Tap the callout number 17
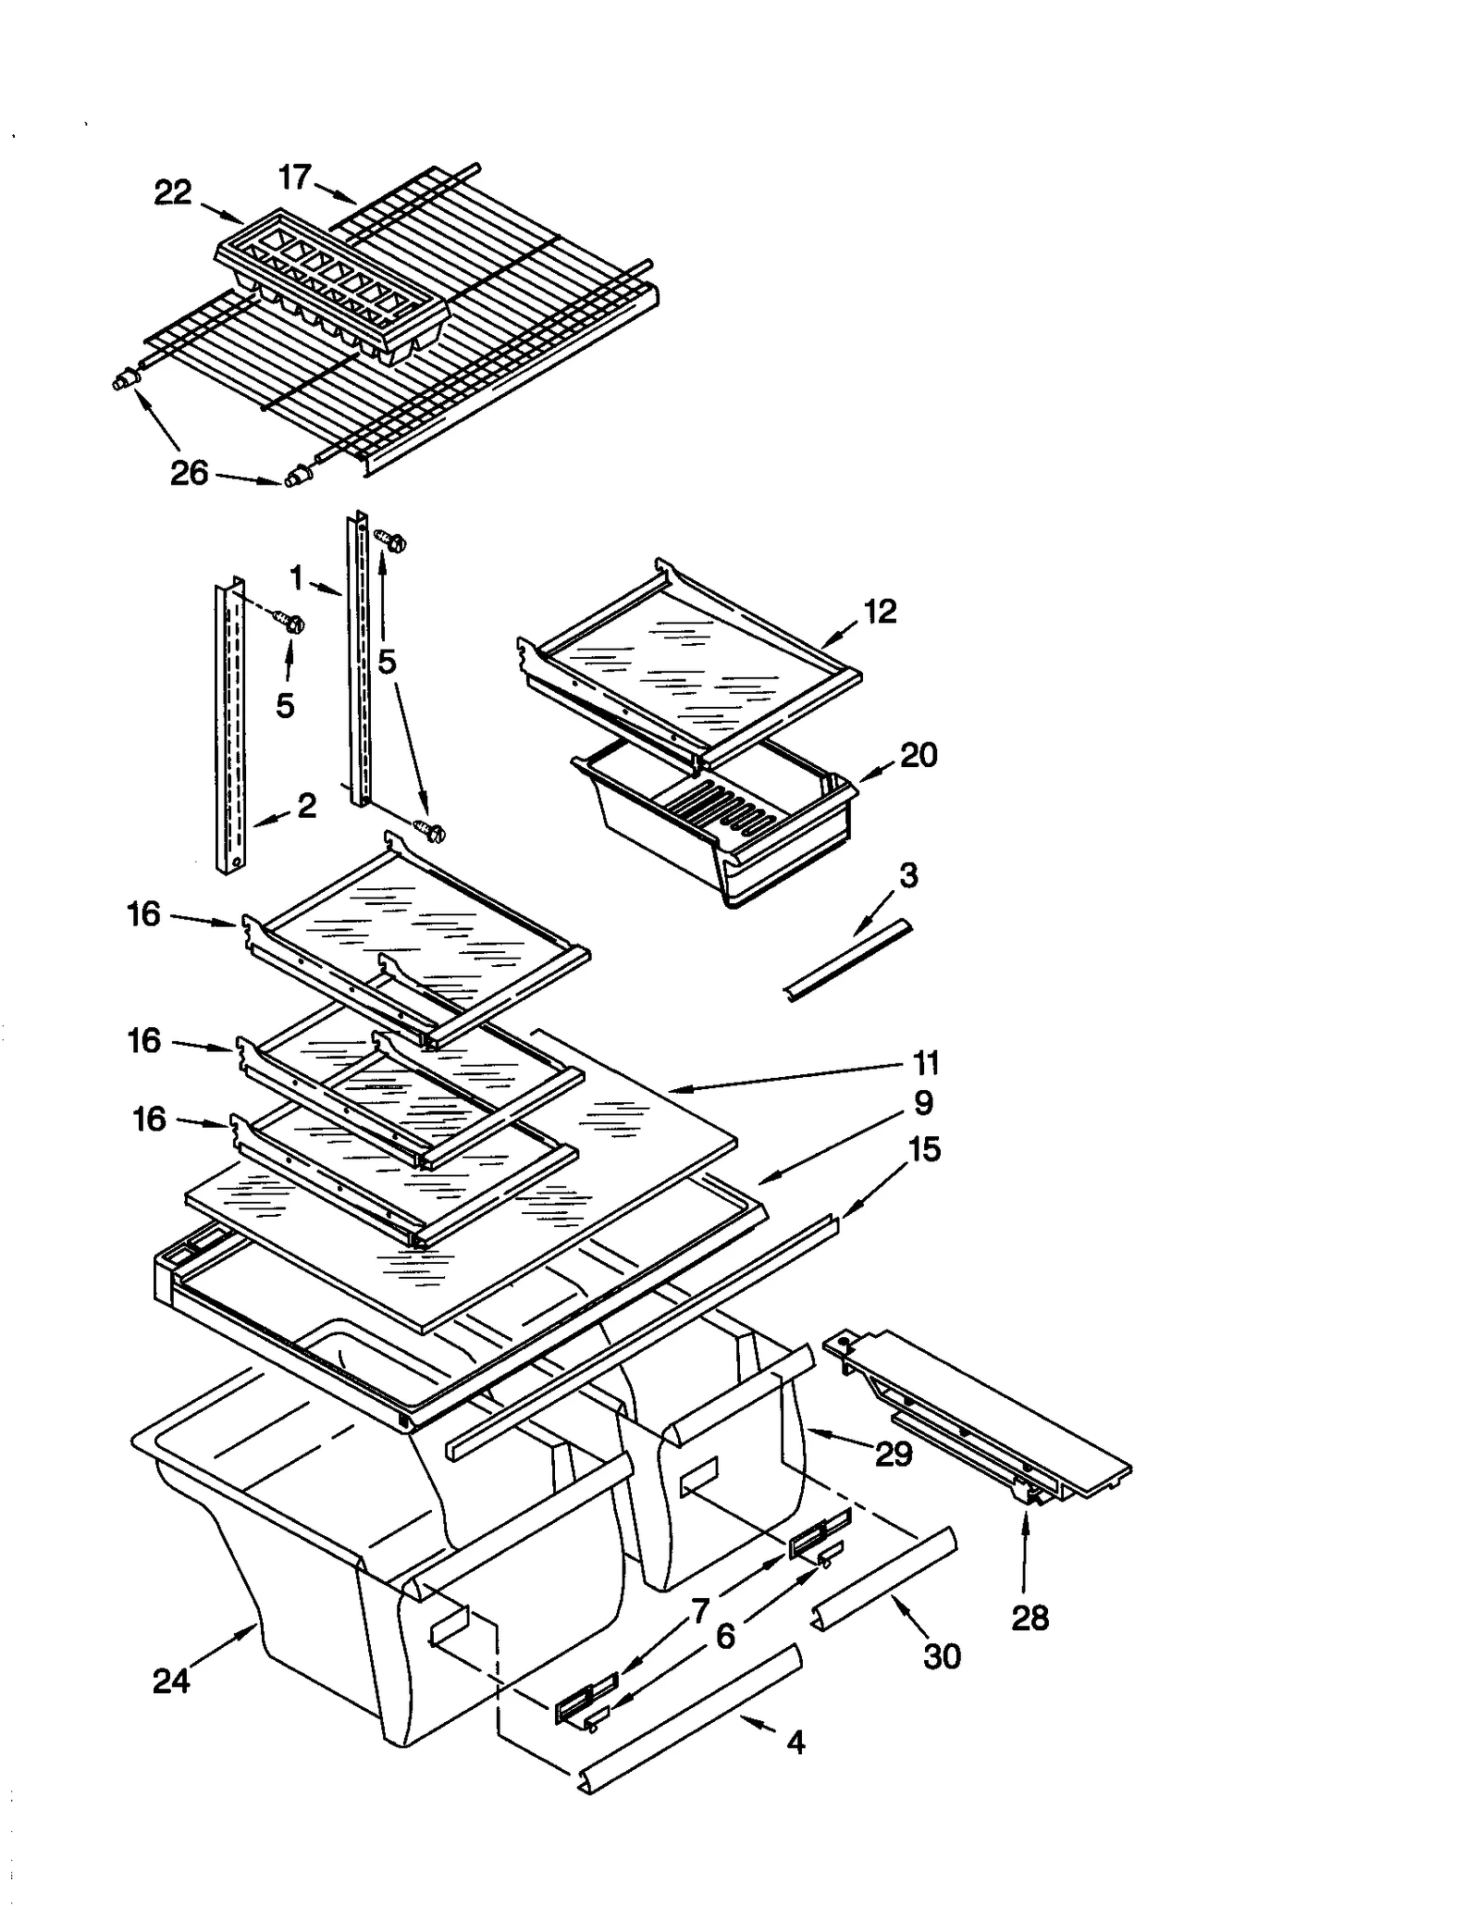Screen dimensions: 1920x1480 296,177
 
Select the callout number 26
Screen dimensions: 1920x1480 190,474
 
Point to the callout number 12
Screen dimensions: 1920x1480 880,611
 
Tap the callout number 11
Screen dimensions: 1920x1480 926,1063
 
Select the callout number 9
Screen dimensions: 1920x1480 923,1103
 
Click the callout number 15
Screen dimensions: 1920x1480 924,1149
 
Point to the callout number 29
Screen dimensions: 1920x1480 894,1455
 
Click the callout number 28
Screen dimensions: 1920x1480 1030,1618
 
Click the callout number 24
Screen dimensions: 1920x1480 171,1680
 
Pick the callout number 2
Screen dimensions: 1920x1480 307,805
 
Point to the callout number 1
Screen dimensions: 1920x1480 296,578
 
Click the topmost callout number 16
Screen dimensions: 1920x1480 144,914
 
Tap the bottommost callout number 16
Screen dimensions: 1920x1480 149,1119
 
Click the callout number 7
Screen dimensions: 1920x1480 700,1611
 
